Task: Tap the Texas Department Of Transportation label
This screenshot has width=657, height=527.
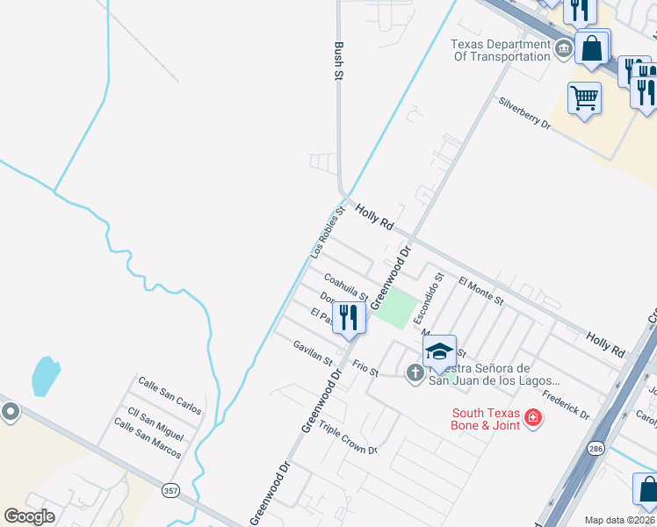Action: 501,51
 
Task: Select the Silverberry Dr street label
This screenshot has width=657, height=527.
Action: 524,113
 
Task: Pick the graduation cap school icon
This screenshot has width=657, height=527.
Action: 438,351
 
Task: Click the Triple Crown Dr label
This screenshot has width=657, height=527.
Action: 348,437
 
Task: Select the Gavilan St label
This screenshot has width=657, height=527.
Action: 314,354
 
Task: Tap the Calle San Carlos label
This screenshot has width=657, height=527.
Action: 170,396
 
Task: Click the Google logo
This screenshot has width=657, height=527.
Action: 30,516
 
